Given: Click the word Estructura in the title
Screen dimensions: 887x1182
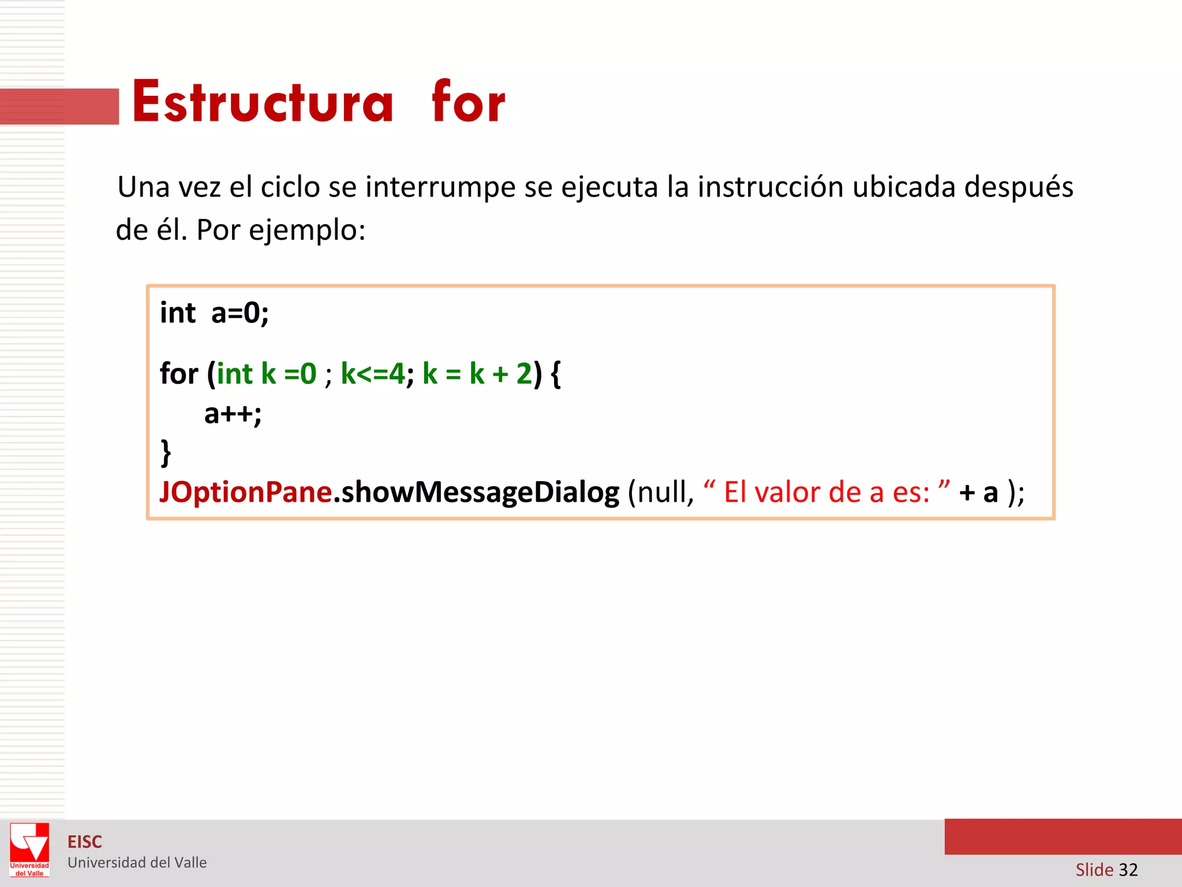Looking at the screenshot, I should (x=263, y=103).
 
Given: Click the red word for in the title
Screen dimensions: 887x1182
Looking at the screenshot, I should (x=468, y=103).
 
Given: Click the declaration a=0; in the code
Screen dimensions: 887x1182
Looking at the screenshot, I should (x=240, y=314).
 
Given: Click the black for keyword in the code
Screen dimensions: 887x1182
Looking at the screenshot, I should (x=179, y=374).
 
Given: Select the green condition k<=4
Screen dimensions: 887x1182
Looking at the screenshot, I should (x=373, y=374).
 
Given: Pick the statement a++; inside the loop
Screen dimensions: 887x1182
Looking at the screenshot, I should (x=233, y=414).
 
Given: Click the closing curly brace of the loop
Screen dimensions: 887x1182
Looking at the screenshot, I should (x=166, y=452).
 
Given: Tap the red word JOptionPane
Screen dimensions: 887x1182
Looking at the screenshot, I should (x=245, y=493).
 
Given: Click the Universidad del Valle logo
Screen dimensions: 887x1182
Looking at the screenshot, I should (x=29, y=849).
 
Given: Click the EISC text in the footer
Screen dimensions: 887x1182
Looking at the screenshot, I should (x=85, y=842).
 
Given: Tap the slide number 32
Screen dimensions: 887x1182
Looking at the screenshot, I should (x=1128, y=870).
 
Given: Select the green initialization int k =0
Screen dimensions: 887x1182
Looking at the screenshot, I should (x=267, y=374).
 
